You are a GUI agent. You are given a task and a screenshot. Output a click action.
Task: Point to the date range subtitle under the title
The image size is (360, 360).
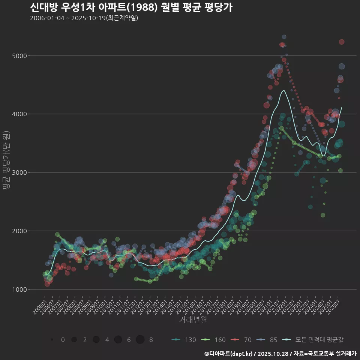point(84,18)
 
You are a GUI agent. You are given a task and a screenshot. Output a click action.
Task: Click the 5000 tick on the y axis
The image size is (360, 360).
point(19,56)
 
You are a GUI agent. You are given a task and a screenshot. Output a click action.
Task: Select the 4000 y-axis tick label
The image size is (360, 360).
point(19,114)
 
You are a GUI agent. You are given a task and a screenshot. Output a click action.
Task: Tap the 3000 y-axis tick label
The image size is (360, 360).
point(19,172)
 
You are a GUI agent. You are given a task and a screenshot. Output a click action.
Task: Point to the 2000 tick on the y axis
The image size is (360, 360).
point(19,231)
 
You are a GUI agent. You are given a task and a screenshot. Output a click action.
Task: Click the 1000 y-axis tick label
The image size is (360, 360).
point(19,289)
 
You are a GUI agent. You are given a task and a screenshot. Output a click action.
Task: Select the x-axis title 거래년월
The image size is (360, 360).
point(193,319)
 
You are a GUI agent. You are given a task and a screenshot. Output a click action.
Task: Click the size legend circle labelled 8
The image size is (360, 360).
point(140,340)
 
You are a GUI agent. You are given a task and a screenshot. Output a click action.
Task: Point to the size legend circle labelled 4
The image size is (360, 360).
point(96,340)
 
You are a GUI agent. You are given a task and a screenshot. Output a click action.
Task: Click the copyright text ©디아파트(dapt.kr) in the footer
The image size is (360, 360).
point(229,354)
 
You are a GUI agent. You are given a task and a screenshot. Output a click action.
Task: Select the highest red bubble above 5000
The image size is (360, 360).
point(341,42)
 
